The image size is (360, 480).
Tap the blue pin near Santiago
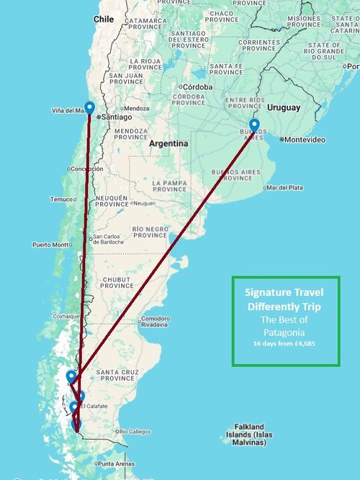tap(89, 109)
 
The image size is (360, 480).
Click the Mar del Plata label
tap(284, 188)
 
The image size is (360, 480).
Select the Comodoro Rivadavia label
tap(155, 321)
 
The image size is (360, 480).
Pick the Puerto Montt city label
tap(50, 245)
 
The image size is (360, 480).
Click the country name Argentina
tap(168, 144)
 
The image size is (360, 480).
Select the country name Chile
tap(104, 19)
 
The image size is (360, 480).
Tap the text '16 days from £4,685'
tap(285, 344)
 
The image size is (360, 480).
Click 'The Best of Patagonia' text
tap(285, 326)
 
